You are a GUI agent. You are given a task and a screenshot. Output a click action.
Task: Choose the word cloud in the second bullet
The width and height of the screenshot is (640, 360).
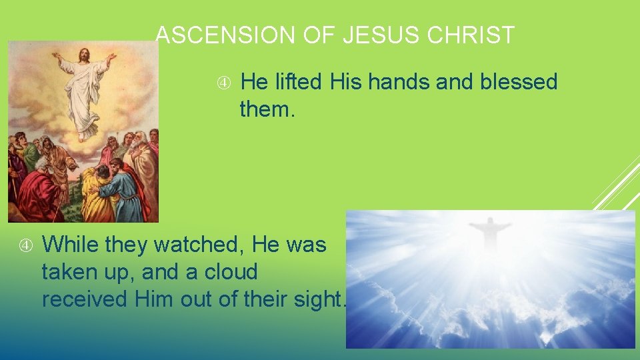232,272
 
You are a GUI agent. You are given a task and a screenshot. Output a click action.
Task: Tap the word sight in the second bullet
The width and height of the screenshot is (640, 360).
316,299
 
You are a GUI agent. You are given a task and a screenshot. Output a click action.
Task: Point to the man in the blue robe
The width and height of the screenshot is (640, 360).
127,190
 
